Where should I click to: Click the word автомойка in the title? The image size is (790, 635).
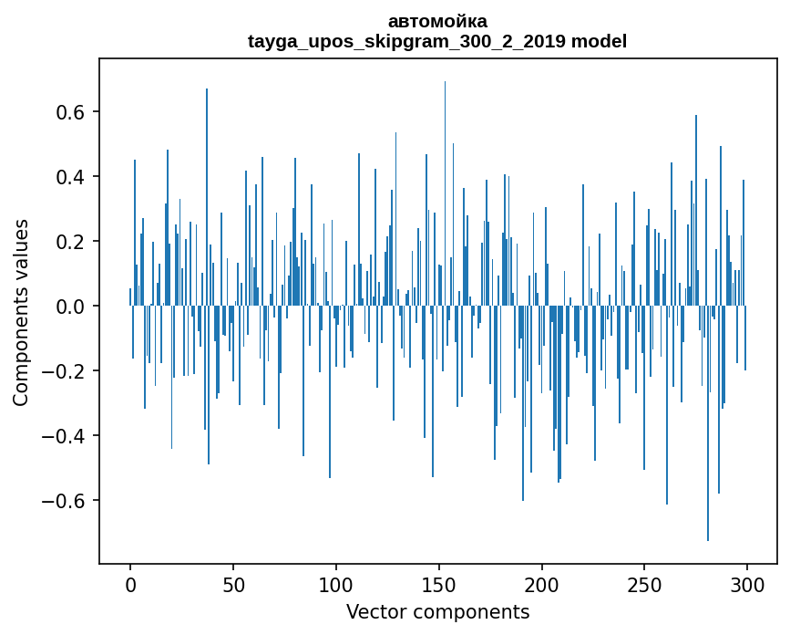click(x=437, y=21)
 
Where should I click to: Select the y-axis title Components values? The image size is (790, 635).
click(x=21, y=312)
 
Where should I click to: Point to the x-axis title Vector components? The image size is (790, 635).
click(x=437, y=611)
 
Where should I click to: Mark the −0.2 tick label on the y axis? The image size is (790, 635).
click(x=64, y=371)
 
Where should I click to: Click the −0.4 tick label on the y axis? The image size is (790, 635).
click(x=64, y=436)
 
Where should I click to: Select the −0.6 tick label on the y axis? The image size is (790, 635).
click(x=64, y=501)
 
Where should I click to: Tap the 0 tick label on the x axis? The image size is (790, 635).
click(x=130, y=583)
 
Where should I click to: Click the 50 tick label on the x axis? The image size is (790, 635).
click(x=233, y=583)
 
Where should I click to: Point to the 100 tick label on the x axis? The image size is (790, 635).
click(x=336, y=583)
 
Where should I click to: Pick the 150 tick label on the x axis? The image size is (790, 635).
click(x=439, y=583)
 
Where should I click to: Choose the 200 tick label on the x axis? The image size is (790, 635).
click(x=542, y=583)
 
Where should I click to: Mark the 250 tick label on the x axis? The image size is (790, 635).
click(x=644, y=583)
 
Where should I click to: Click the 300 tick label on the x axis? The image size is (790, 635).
click(x=747, y=583)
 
